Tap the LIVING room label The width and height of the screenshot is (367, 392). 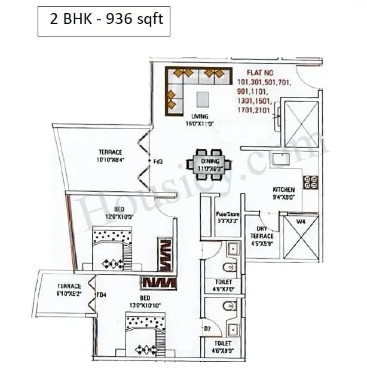point(200,116)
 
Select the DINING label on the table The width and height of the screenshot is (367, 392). point(210,162)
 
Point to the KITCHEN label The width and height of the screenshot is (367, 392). point(283,189)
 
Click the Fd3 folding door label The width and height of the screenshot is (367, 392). point(158,161)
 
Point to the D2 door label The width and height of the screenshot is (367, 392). point(207,329)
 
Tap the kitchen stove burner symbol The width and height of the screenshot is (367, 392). point(311,182)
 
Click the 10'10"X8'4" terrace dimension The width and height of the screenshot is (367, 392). point(111,160)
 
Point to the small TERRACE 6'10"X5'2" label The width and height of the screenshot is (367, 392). point(69,290)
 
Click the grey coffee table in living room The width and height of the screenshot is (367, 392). point(204,99)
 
